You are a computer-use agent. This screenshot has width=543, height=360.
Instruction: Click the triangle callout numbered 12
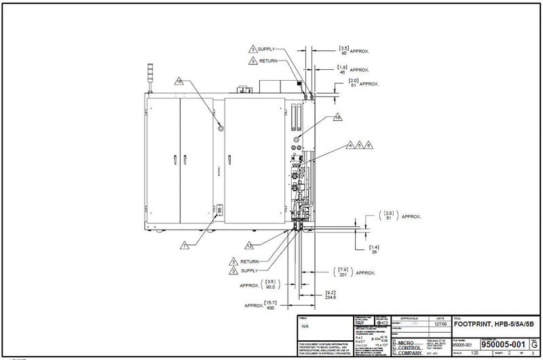[x=250, y=245]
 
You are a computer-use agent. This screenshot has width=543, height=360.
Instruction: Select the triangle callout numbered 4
[x=350, y=145]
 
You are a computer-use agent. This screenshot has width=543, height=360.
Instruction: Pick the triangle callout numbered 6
[x=369, y=145]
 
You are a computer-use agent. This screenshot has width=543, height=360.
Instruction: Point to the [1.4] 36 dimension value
[x=373, y=248]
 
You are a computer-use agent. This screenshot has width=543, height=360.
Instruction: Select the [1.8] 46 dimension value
[x=343, y=69]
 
